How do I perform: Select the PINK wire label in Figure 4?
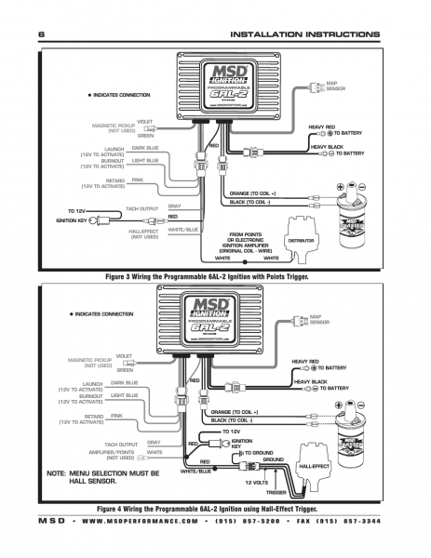click(x=117, y=416)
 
